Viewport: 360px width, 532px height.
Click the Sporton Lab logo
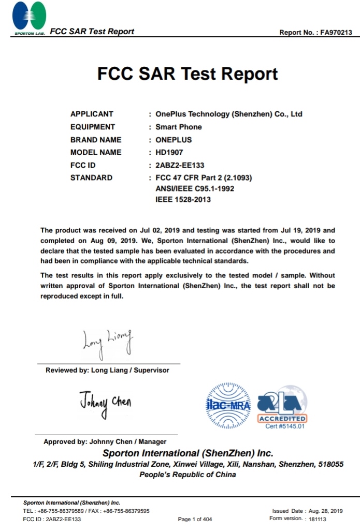pos(29,18)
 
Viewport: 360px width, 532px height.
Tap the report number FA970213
pos(336,32)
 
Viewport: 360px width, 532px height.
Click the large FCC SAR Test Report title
pos(188,74)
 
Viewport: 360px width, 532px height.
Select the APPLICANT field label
pos(92,114)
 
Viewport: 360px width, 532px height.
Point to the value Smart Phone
pos(179,127)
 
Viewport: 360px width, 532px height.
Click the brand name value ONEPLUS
pos(174,140)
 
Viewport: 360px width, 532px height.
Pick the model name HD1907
pos(169,152)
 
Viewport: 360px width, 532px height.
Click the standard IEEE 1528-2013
pos(183,200)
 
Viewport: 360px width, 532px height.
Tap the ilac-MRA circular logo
pos(228,406)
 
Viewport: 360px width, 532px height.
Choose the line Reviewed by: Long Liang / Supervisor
pos(107,370)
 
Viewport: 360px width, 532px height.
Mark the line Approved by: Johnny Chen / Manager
pos(105,441)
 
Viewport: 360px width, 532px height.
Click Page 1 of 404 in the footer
pos(195,519)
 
